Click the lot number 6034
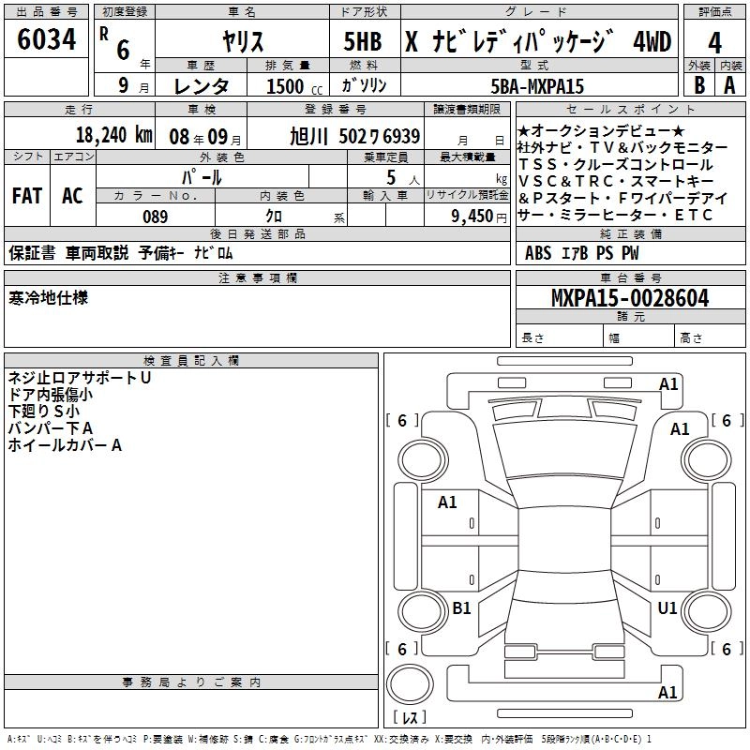coord(46,39)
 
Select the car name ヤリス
coord(243,41)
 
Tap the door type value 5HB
coord(363,41)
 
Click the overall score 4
coord(714,43)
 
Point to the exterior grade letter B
coord(699,85)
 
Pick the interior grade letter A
coord(729,85)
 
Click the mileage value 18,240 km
coord(113,135)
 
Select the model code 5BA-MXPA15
coord(537,86)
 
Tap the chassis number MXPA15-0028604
coord(630,298)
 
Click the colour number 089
coord(156,217)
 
